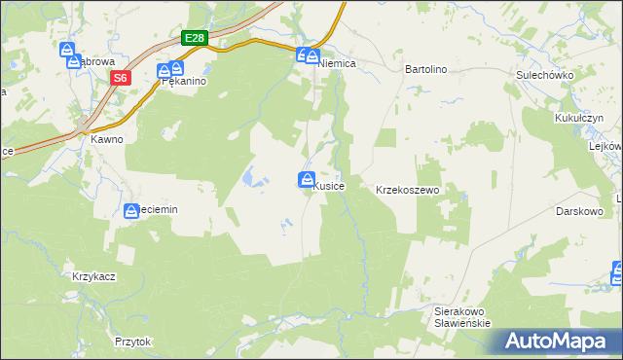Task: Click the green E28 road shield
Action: pyautogui.click(x=196, y=39)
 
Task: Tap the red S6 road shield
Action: pyautogui.click(x=120, y=78)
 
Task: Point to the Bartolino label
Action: pyautogui.click(x=425, y=70)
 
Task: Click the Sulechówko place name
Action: pyautogui.click(x=544, y=74)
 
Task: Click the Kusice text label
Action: pyautogui.click(x=327, y=186)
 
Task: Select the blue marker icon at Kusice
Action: pyautogui.click(x=306, y=180)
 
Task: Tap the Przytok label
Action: pyautogui.click(x=132, y=342)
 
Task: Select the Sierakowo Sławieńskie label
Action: pyautogui.click(x=461, y=317)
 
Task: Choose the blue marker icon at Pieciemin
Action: pyautogui.click(x=132, y=210)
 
